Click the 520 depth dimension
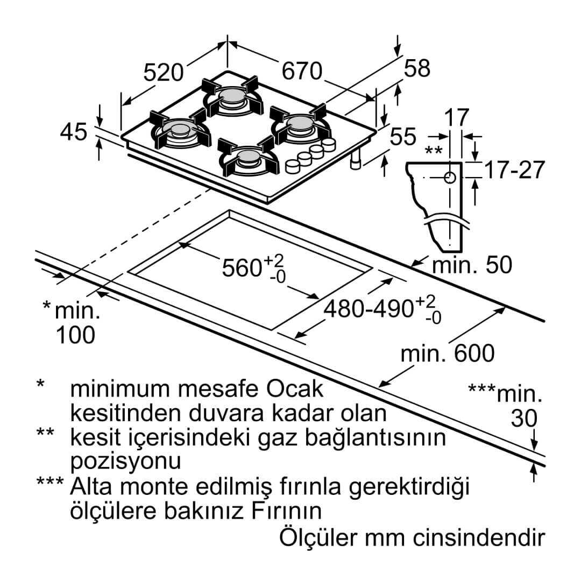[x=164, y=73]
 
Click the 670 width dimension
[x=302, y=71]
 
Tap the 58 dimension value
[x=417, y=68]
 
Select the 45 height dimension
[x=73, y=132]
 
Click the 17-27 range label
[x=514, y=169]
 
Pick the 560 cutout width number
[x=242, y=267]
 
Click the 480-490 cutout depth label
[x=369, y=308]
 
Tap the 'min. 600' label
[x=448, y=353]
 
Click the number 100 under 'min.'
[x=75, y=335]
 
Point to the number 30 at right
[x=524, y=419]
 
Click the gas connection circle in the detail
[x=450, y=178]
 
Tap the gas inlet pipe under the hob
[x=356, y=161]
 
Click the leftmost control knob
[x=293, y=166]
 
